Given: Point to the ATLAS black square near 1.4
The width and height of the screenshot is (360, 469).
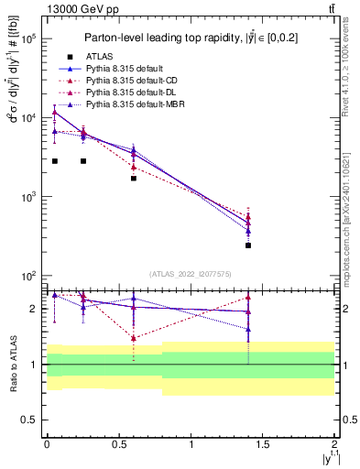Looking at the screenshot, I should tap(248, 245).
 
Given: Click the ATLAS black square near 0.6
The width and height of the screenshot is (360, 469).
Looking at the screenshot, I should tap(134, 178).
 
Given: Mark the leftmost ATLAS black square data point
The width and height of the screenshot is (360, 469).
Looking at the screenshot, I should tap(55, 161).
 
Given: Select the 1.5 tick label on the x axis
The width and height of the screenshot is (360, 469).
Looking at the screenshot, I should tap(263, 443).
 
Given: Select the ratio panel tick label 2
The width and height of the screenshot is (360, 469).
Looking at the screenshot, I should tap(33, 309).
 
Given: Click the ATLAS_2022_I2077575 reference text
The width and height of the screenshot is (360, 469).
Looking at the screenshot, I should tap(191, 274).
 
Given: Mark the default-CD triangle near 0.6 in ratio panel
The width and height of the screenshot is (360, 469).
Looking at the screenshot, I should tap(134, 338).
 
